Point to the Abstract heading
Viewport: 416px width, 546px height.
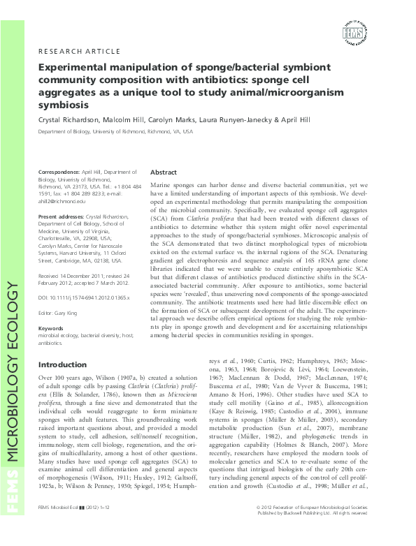pos(164,172)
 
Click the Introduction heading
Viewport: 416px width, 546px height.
pos(62,364)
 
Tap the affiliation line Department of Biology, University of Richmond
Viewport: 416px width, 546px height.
pos(115,131)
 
